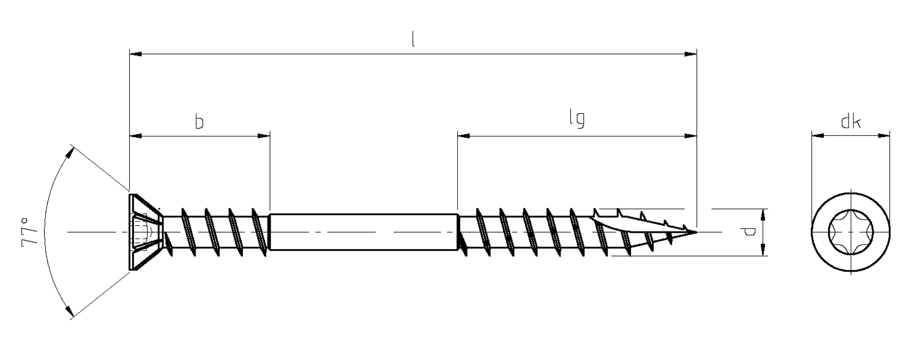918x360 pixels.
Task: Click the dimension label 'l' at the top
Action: tap(413, 39)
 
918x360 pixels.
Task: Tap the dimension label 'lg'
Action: tap(577, 119)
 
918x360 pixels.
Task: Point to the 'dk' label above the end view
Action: tap(851, 121)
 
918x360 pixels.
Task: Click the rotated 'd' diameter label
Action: tap(748, 232)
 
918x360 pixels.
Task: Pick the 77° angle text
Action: tap(29, 233)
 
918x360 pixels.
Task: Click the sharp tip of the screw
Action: tap(696, 232)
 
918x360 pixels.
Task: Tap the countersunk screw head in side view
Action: tap(146, 232)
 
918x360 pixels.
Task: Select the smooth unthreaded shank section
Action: tap(363, 232)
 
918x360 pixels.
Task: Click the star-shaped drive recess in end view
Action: tap(851, 233)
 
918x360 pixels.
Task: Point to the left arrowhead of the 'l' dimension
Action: tap(136, 54)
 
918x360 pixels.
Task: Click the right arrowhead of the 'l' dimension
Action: tap(690, 54)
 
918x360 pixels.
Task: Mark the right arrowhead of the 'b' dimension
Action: tap(264, 136)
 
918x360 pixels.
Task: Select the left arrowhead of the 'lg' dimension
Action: tap(464, 136)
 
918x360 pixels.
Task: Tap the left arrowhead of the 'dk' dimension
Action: tap(818, 136)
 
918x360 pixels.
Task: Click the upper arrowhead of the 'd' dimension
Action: tap(763, 215)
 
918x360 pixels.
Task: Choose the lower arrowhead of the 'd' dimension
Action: tap(763, 250)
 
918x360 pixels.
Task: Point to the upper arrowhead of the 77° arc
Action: tap(70, 153)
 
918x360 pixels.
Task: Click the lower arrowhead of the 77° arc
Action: tap(70, 310)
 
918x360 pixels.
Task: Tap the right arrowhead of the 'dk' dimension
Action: tap(884, 136)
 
